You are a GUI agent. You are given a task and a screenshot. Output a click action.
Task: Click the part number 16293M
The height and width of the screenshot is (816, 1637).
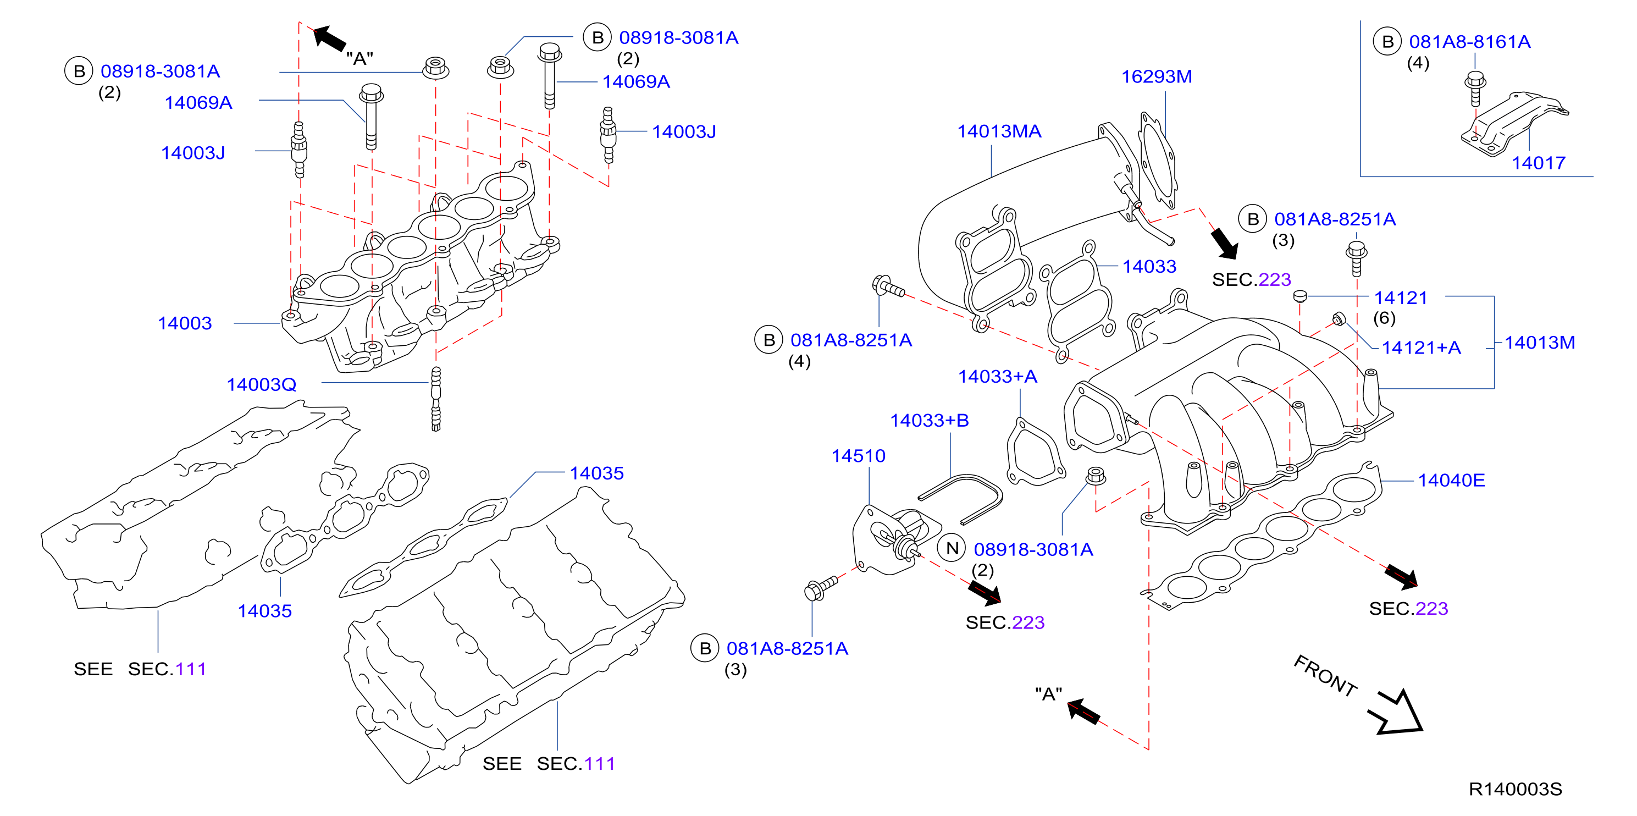tap(1156, 77)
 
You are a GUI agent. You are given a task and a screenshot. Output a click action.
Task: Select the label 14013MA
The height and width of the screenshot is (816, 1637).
tap(999, 131)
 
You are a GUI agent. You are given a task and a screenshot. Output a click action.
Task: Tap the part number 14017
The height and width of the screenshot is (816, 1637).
tap(1538, 163)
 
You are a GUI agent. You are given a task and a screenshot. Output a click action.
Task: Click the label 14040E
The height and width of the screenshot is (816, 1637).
tap(1451, 481)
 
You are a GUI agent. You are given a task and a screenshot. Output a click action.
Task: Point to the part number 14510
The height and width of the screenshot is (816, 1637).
tap(858, 456)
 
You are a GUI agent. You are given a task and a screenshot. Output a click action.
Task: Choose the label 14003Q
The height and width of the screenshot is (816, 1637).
tap(261, 384)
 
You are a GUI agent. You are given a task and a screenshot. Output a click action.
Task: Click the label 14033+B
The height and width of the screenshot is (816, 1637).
tap(929, 420)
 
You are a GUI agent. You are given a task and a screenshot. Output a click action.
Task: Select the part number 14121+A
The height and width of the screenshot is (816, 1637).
tap(1421, 348)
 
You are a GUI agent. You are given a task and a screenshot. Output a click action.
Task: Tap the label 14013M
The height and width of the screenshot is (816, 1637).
tap(1540, 343)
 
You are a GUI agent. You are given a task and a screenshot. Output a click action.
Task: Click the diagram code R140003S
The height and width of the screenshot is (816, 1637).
tap(1515, 789)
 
